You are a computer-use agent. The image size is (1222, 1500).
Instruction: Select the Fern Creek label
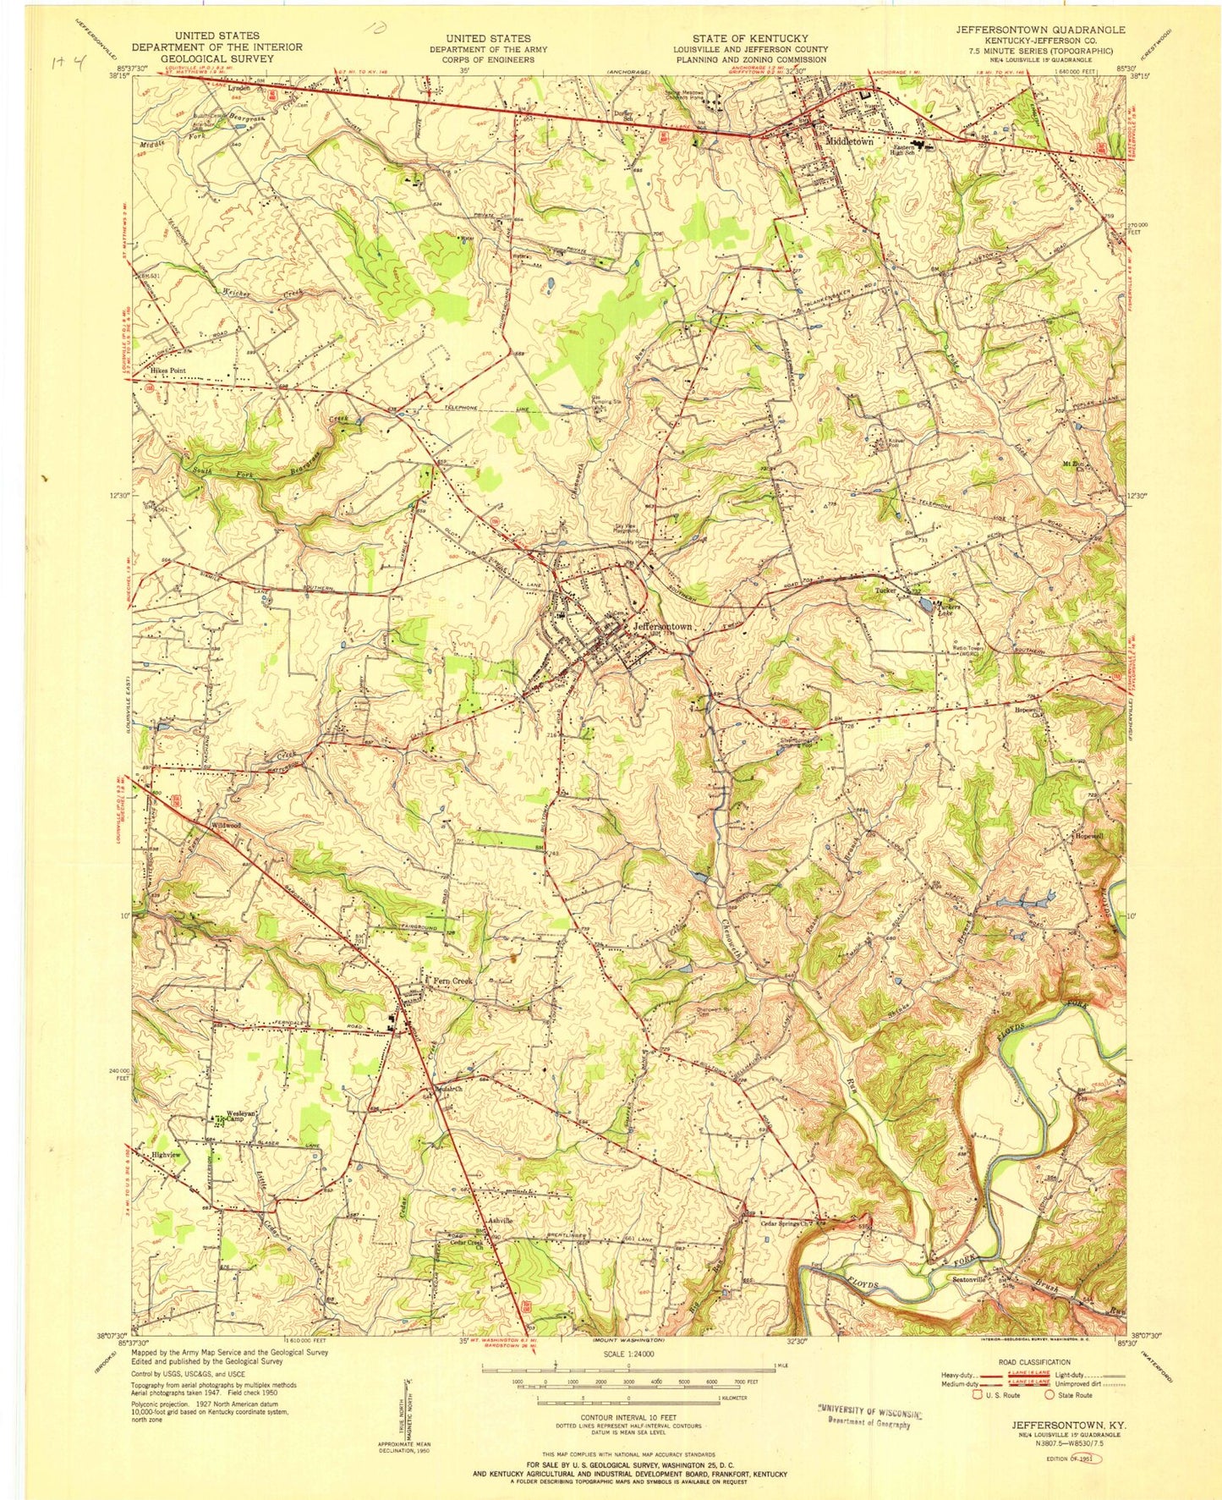click(452, 980)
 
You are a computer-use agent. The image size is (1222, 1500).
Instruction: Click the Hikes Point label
click(167, 371)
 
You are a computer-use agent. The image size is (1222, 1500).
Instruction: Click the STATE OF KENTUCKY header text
click(750, 38)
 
